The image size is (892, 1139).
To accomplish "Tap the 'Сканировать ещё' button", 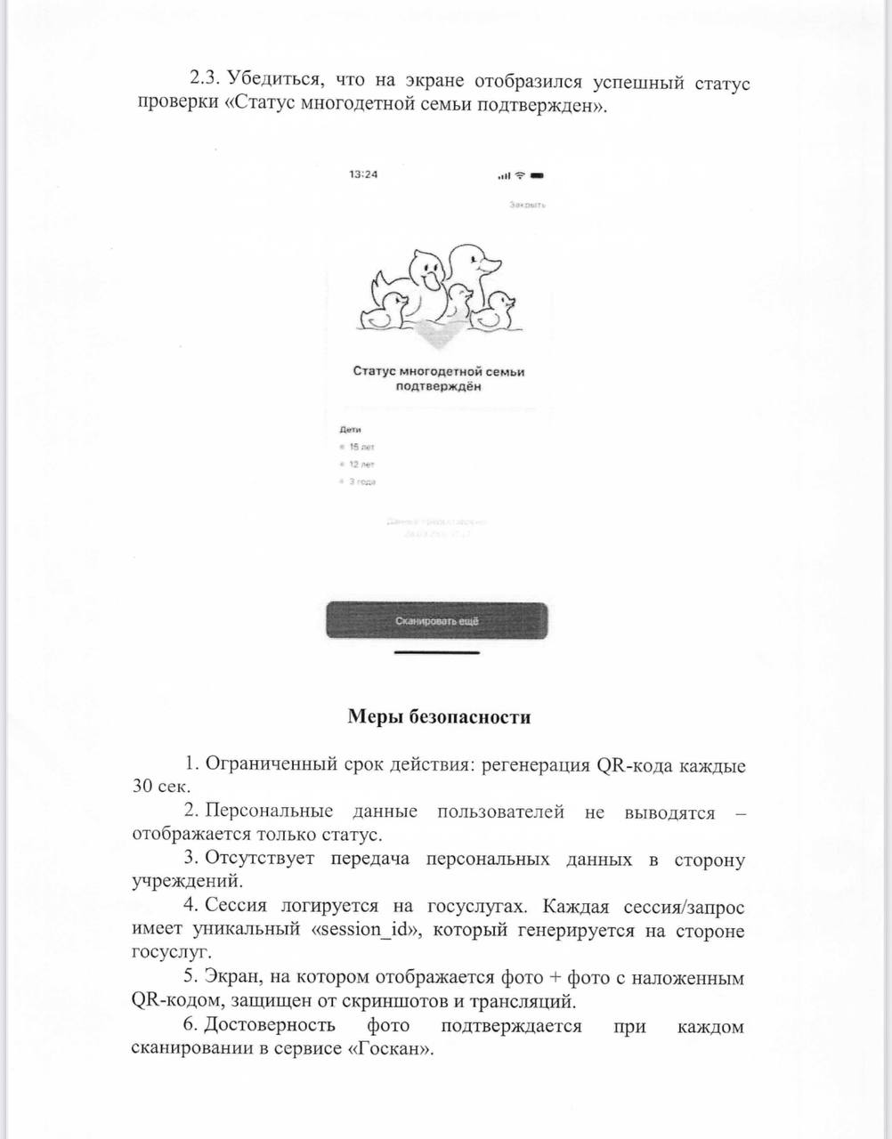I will point(436,620).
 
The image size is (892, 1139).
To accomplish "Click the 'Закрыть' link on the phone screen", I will point(527,205).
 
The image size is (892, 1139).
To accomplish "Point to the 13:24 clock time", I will point(363,174).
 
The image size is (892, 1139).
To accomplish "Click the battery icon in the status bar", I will point(537,175).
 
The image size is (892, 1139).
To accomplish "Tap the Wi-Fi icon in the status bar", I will point(521,175).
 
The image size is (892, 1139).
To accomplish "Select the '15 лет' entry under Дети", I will point(361,447).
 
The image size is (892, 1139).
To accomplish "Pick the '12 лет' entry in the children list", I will point(361,464).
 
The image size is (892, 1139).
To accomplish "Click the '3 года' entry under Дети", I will point(361,481).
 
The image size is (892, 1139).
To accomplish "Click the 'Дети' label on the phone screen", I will point(350,430).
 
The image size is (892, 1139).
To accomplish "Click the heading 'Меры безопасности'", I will point(439,717).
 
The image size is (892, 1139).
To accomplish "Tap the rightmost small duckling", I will point(495,311).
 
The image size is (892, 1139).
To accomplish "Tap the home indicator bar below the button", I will point(436,652).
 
